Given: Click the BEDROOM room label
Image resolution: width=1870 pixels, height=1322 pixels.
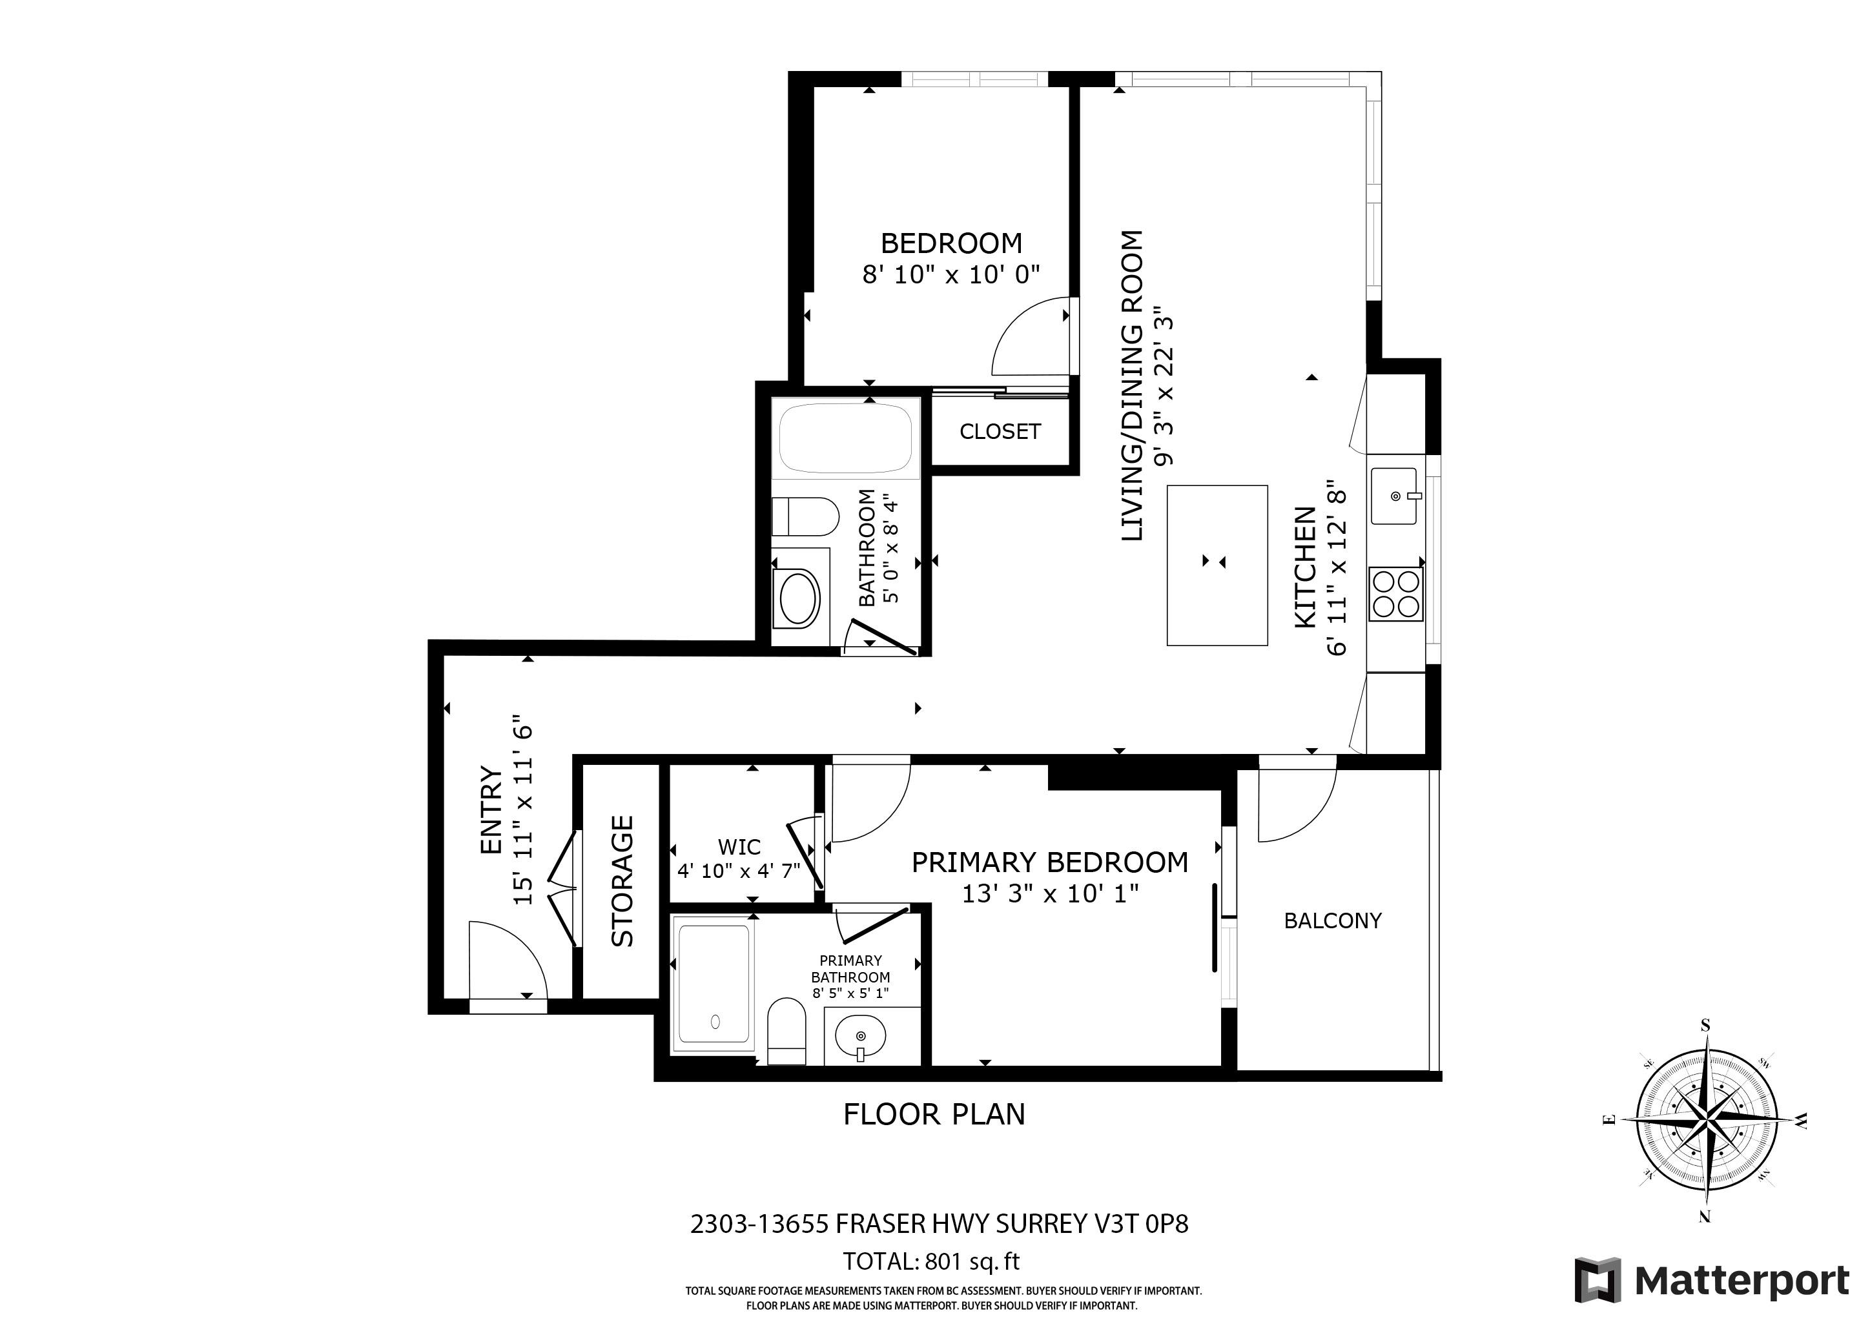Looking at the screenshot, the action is point(951,243).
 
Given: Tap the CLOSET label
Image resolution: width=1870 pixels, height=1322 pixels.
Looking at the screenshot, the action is point(1000,431).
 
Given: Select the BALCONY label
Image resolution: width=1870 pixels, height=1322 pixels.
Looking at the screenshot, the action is point(1333,920).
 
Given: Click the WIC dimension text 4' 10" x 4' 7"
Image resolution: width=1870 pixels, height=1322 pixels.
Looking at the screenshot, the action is point(739,871).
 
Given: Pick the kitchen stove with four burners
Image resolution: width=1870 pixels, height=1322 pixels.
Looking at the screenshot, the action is point(1395,595).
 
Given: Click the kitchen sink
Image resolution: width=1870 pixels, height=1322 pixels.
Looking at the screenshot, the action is point(1395,496).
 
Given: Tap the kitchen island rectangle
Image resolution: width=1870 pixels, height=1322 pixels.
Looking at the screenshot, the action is point(1217,565).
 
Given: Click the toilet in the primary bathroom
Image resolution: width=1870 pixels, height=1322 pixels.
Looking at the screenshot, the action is point(786,1031).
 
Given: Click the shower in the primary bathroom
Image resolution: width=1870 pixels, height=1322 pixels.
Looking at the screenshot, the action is point(714,982).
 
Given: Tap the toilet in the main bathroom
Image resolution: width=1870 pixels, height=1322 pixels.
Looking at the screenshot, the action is point(805,517).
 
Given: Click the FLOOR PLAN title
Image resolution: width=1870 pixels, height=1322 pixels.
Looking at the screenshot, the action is point(934,1114).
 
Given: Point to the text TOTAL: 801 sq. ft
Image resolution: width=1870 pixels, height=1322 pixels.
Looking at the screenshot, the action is point(931,1262).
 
